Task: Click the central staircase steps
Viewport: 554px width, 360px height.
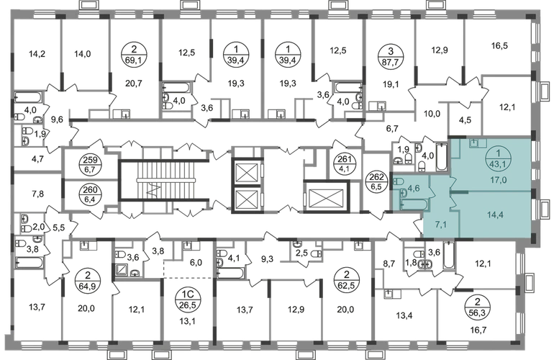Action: click(155, 179)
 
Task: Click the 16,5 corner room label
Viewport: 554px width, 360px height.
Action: click(498, 45)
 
